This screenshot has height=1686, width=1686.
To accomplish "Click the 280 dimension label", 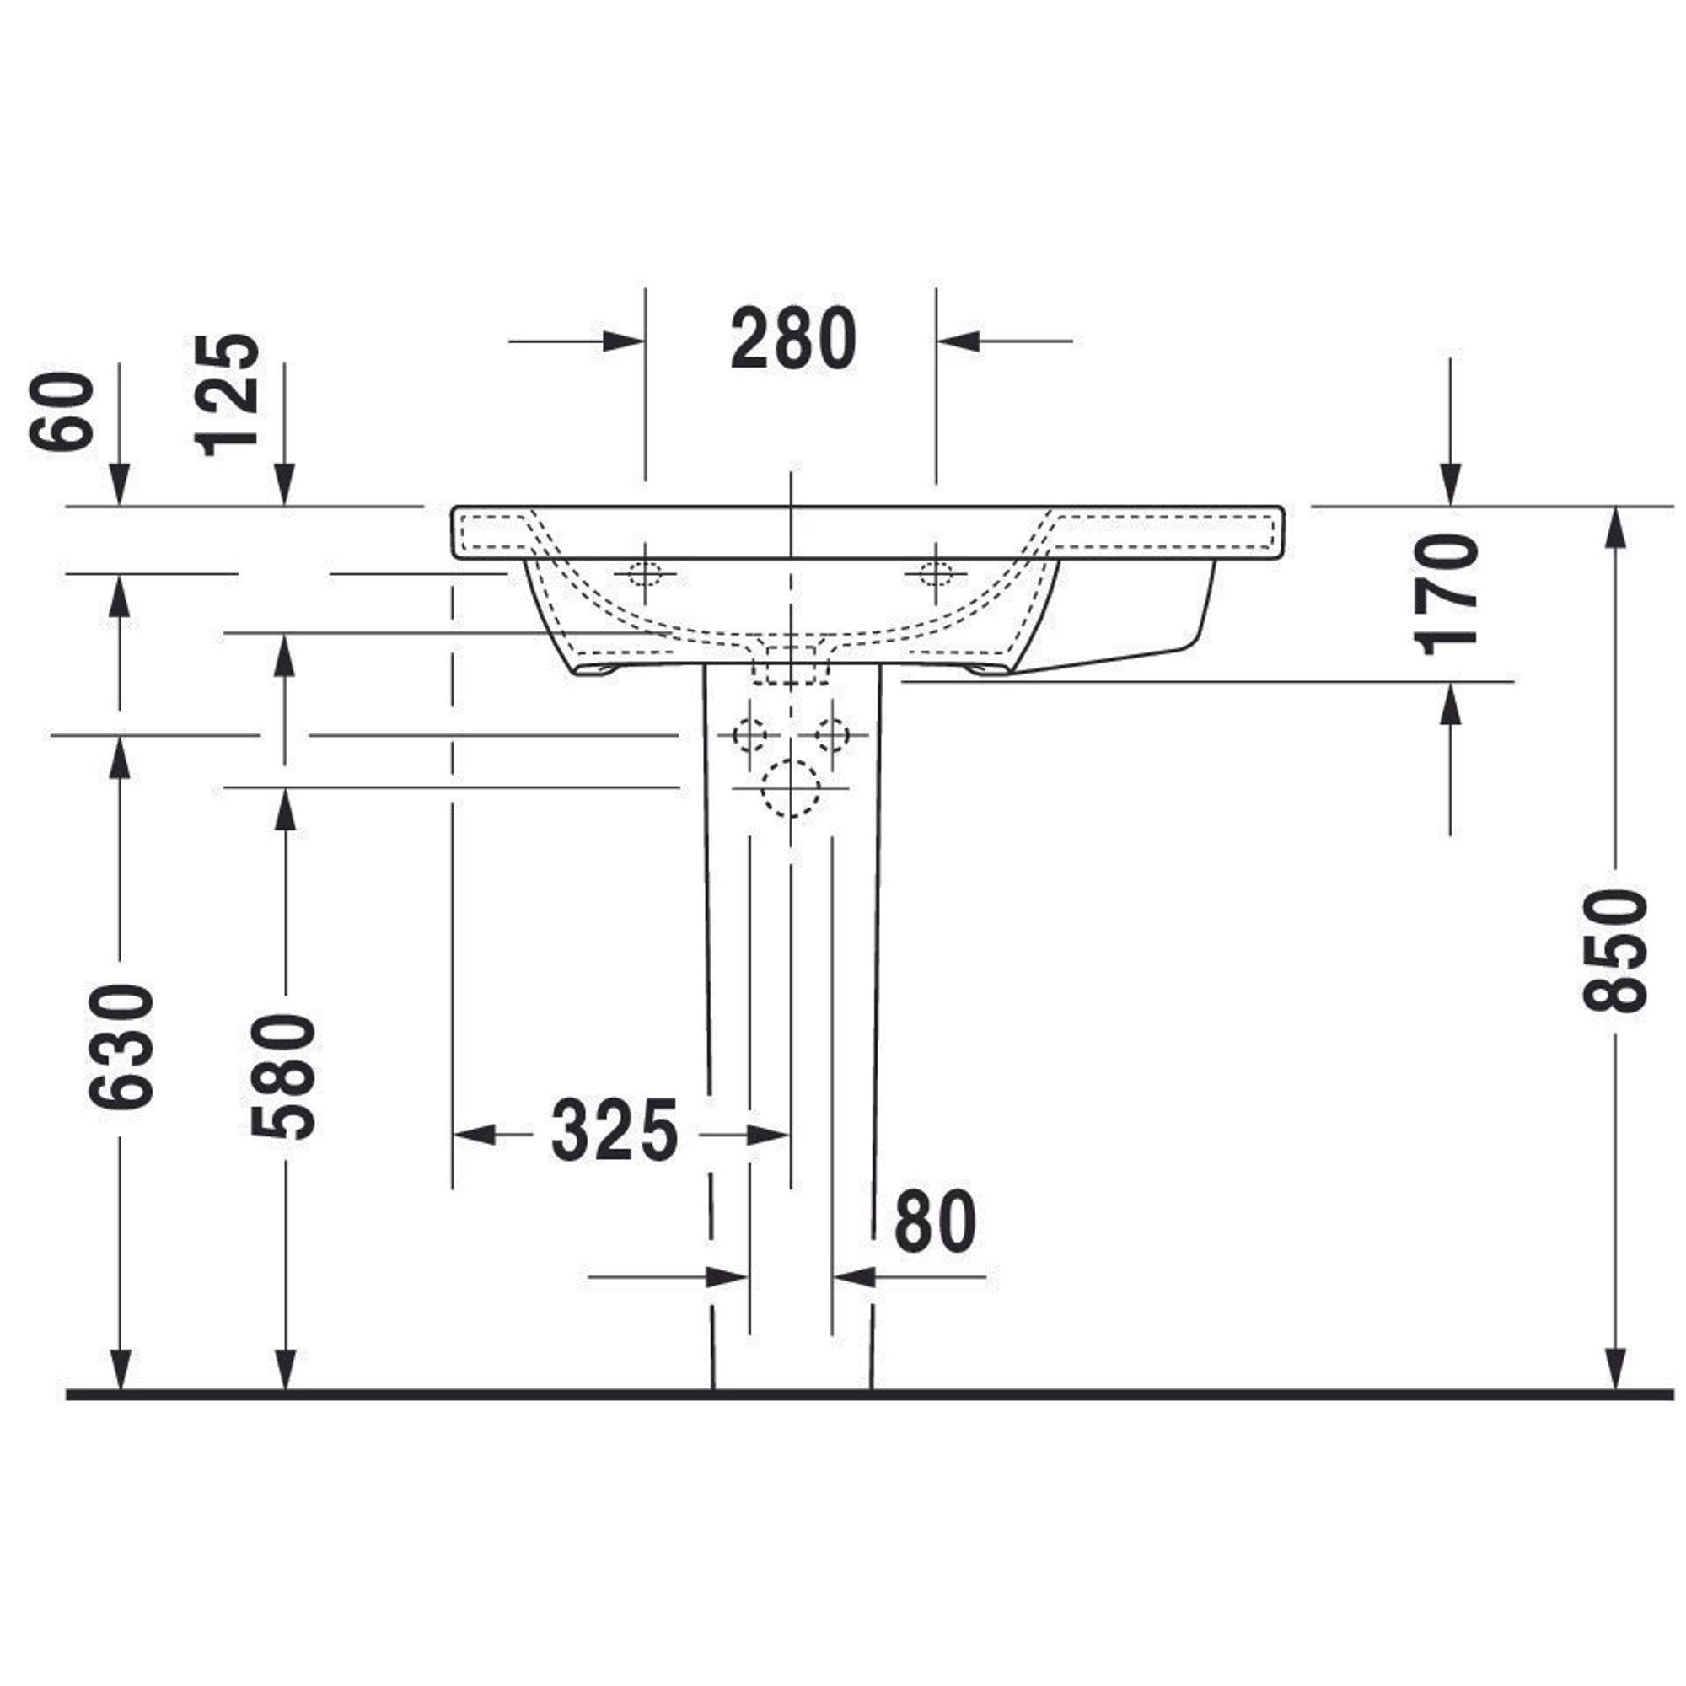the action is click(793, 340).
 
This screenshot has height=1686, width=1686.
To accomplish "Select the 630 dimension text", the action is click(121, 1046).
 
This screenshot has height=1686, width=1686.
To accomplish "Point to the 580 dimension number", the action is click(282, 1076).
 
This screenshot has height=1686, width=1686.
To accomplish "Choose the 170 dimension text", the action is click(1447, 594).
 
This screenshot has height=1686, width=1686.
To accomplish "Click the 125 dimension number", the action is click(228, 395).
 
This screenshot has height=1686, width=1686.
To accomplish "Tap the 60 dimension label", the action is click(60, 411).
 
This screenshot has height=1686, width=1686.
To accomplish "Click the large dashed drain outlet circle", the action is click(791, 787).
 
